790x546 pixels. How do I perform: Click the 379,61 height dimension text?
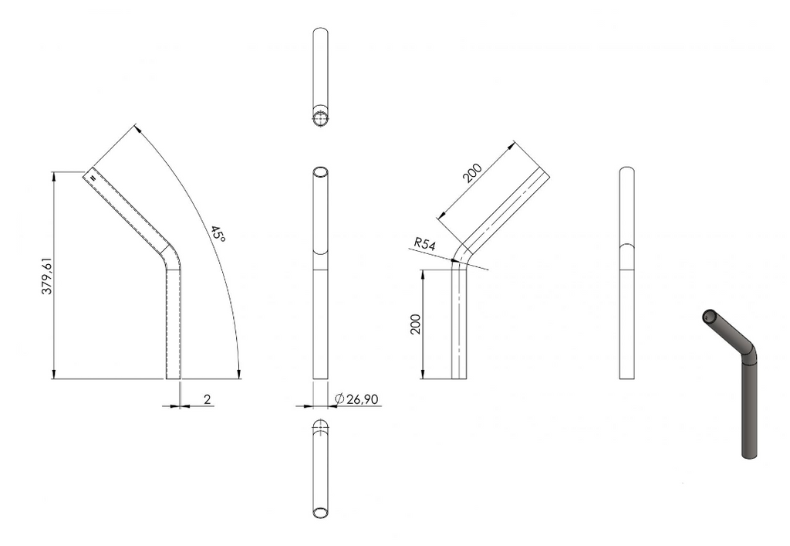(x=46, y=276)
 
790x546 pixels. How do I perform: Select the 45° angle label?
(x=218, y=233)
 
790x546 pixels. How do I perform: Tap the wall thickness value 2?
(x=207, y=399)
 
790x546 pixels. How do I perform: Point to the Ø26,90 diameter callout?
(x=356, y=398)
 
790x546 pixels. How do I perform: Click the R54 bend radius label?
(x=425, y=244)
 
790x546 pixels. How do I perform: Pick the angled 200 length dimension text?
(x=473, y=172)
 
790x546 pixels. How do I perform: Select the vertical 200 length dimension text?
(x=415, y=324)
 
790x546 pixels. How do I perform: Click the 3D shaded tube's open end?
(x=710, y=317)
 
